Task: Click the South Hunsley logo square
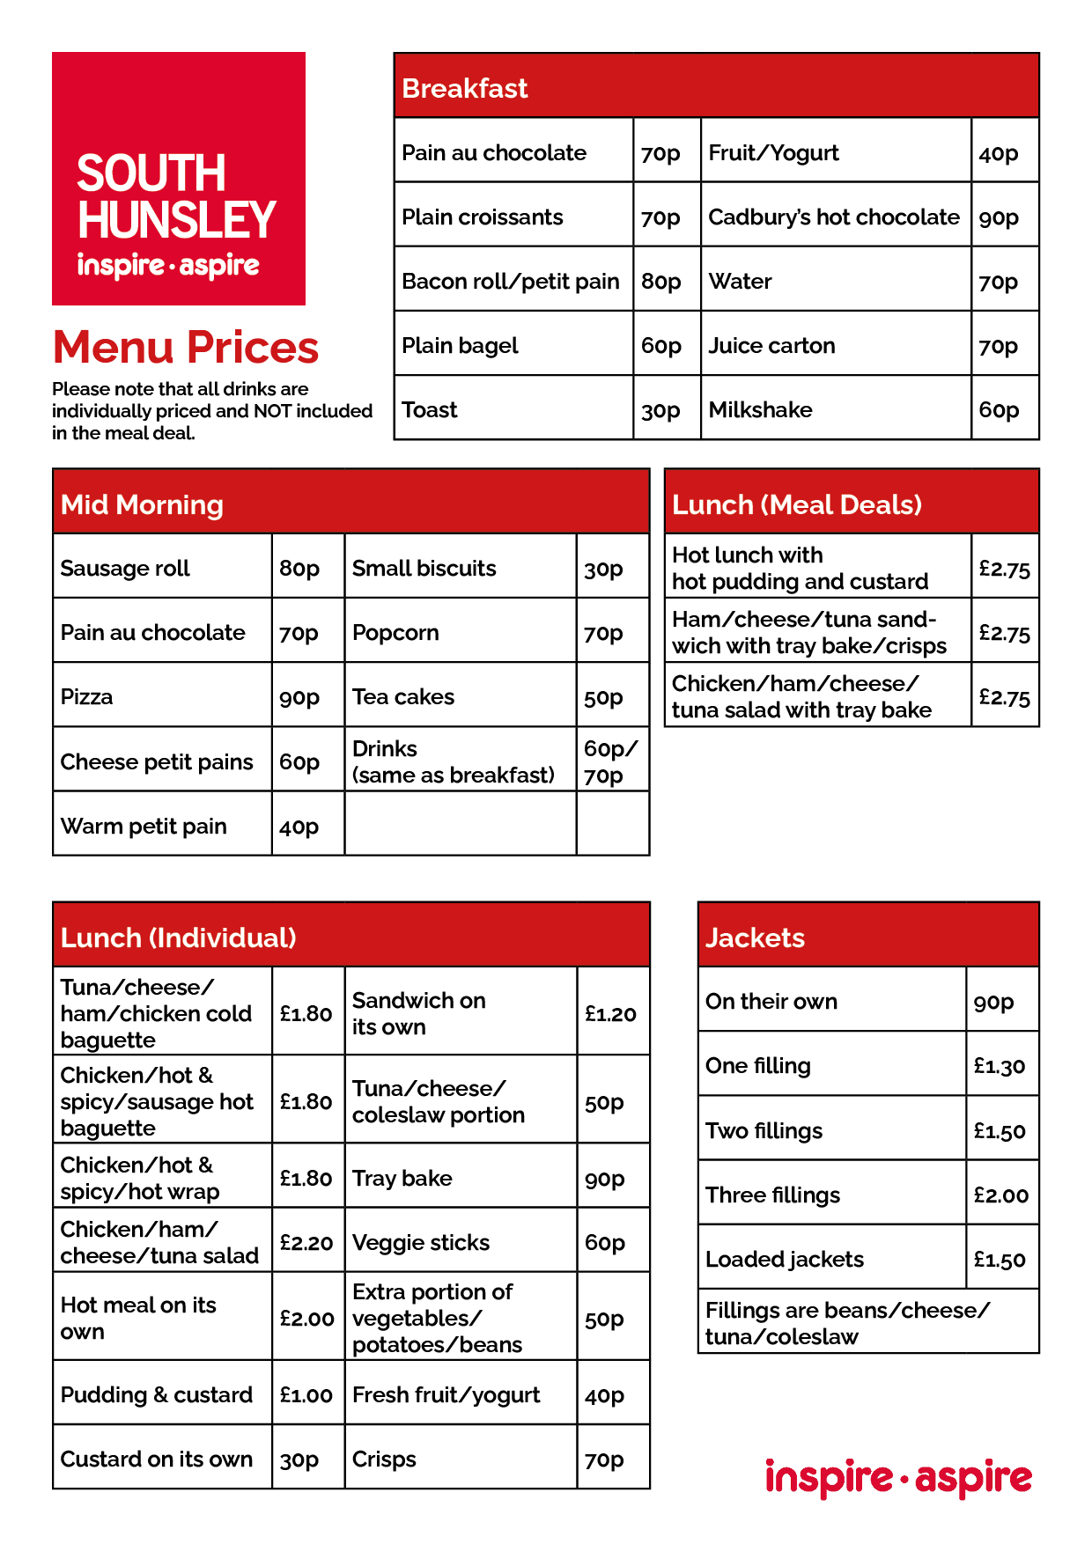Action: point(179,179)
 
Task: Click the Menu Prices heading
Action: point(186,347)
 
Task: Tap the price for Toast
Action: point(660,410)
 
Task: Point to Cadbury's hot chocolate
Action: point(833,217)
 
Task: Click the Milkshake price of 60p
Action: point(999,410)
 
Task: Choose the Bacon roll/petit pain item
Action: point(511,282)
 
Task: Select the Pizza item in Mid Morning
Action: point(87,697)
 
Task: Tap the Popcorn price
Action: point(603,633)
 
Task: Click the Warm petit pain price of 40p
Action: point(299,827)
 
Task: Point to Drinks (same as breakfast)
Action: point(454,761)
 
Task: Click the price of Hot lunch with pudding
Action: point(1004,569)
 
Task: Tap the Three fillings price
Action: point(1000,1195)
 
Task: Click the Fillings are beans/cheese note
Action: point(847,1323)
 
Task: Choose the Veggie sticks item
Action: point(421,1243)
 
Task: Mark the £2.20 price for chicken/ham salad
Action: point(306,1243)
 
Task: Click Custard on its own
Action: point(157,1459)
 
